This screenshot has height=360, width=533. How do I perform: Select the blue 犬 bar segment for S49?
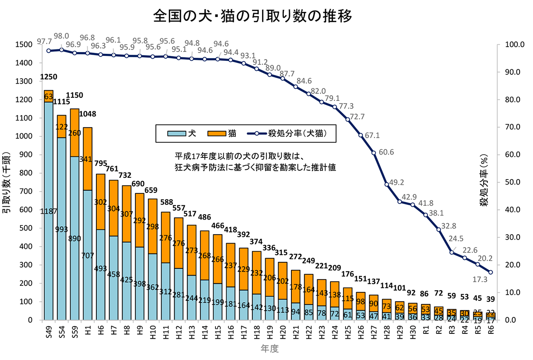tap(48, 211)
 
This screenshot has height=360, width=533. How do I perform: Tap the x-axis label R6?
tap(490, 331)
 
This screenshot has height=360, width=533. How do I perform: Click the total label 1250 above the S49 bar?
tap(48, 77)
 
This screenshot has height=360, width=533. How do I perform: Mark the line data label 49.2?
tap(396, 182)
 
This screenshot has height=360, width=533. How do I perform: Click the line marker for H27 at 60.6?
tap(374, 153)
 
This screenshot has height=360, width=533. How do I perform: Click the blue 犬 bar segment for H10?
tap(153, 287)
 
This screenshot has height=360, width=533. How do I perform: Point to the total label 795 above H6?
tap(101, 164)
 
